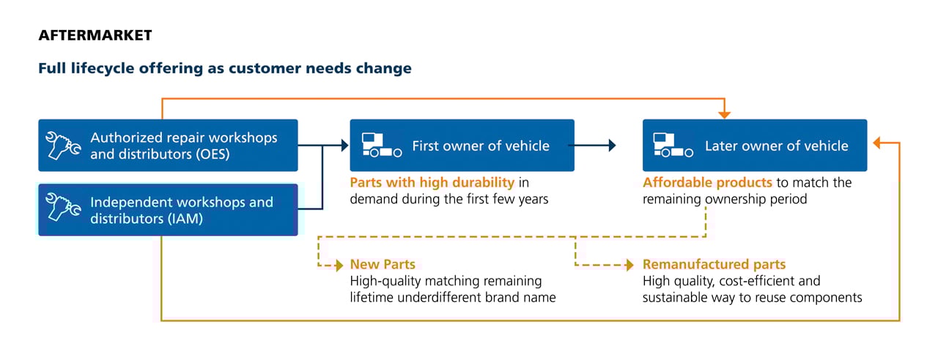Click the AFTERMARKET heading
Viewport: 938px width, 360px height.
[x=95, y=35]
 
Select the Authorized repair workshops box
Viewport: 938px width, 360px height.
[x=168, y=145]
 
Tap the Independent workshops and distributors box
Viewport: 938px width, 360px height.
[x=168, y=210]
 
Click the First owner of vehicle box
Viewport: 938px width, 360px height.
[x=462, y=145]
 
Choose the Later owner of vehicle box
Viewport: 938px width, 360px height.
[x=755, y=145]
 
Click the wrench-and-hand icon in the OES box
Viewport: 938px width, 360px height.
[x=63, y=145]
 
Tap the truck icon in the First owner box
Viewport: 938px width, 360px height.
[x=382, y=145]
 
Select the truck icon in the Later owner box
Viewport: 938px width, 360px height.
[x=673, y=145]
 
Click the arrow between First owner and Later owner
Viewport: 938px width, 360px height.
[x=592, y=145]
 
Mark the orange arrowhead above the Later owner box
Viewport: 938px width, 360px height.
[x=725, y=115]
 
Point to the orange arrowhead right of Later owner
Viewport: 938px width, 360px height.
[x=877, y=143]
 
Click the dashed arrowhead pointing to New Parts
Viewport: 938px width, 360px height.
[x=339, y=265]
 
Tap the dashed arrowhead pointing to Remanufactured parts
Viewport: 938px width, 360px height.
[x=629, y=265]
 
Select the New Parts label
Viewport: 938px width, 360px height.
[x=383, y=265]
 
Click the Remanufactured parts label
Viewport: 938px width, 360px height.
[x=714, y=265]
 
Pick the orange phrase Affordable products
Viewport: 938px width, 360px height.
[x=707, y=183]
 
